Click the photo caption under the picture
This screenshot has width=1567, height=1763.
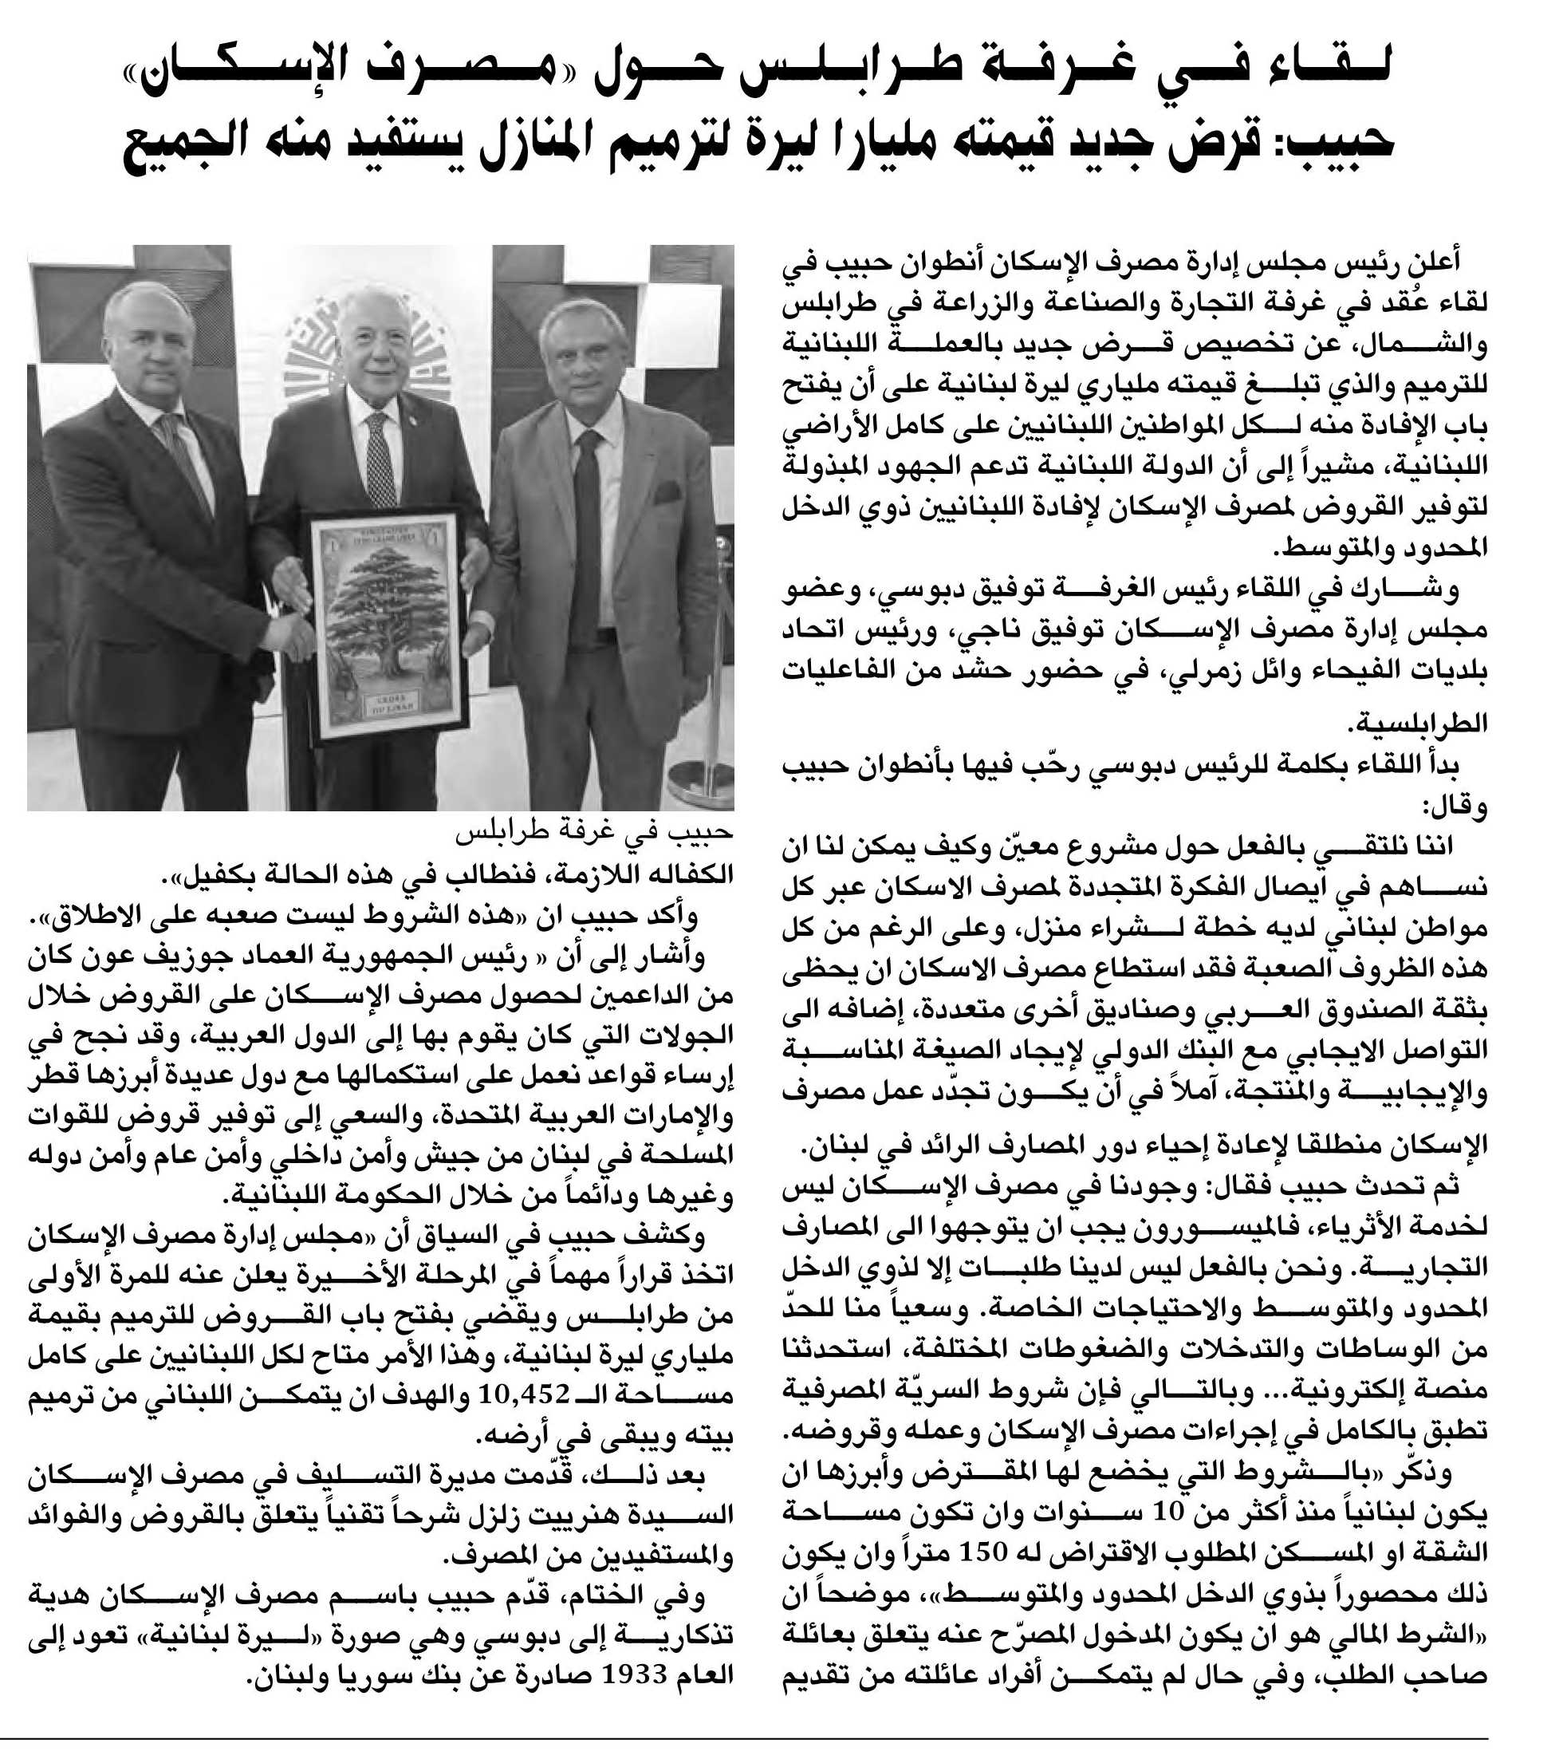pyautogui.click(x=594, y=835)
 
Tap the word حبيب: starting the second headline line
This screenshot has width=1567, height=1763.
pyautogui.click(x=1334, y=144)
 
